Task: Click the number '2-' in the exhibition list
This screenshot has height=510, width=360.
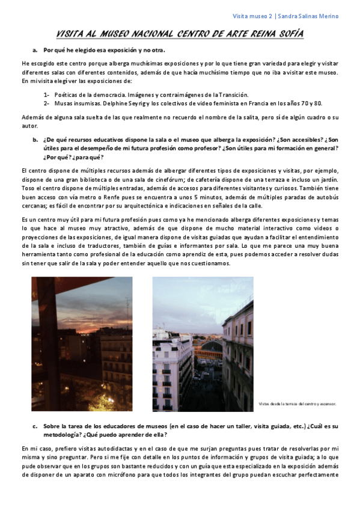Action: pos(46,103)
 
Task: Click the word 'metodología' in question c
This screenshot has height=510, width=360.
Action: pos(61,434)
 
